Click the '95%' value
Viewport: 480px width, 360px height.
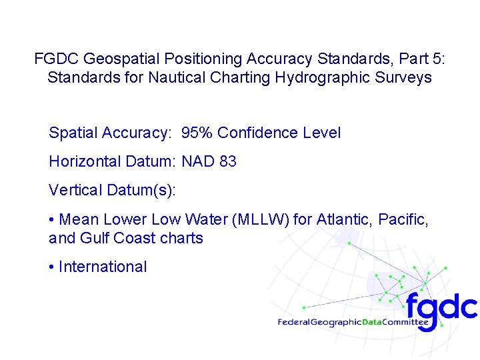coord(197,133)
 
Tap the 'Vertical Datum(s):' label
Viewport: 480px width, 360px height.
coord(112,190)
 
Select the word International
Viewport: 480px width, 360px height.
coord(103,267)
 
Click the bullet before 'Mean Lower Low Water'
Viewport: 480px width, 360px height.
coord(51,219)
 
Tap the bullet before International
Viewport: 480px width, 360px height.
coord(51,267)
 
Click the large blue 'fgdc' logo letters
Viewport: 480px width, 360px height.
coord(441,307)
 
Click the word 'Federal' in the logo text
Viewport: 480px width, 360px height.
coord(293,323)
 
